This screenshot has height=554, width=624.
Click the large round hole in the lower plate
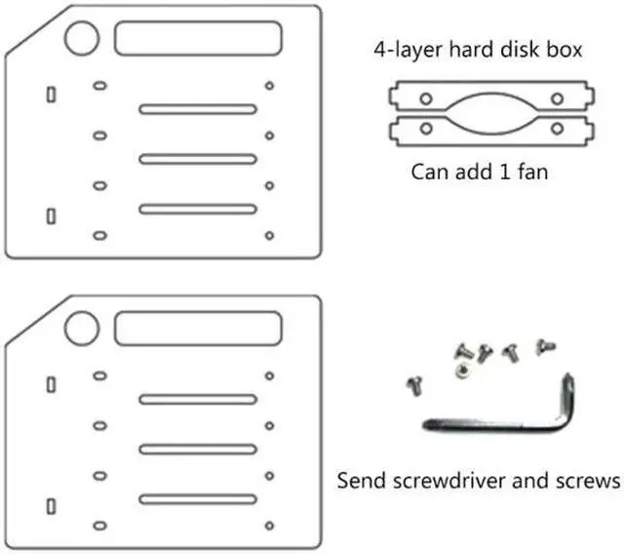click(x=82, y=328)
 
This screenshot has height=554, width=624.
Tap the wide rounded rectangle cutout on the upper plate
click(x=199, y=38)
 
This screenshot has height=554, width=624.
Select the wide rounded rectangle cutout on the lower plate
click(x=199, y=329)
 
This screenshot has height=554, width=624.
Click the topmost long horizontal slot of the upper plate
click(x=197, y=108)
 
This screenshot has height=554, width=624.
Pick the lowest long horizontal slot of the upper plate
click(x=197, y=209)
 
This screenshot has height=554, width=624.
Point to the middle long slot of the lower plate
click(x=197, y=449)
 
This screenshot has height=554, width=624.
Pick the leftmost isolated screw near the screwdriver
click(x=412, y=383)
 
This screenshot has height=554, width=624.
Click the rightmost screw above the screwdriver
click(x=545, y=345)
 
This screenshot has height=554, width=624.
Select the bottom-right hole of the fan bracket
click(x=557, y=128)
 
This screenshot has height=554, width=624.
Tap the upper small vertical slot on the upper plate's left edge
click(x=51, y=94)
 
